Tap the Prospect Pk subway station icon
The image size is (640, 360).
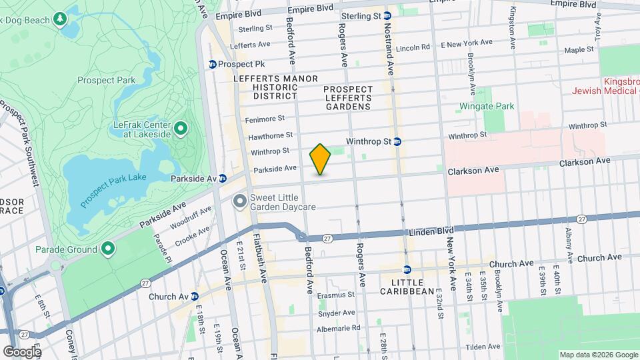[213, 65]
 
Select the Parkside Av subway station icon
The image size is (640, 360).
[223, 179]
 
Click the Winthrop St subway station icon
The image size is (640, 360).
[397, 141]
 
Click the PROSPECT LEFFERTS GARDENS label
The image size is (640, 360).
[347, 98]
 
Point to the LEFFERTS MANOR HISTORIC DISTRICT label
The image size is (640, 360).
[276, 87]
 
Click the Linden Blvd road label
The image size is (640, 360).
[421, 231]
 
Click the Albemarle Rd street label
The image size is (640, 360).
[338, 327]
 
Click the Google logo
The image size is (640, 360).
[21, 352]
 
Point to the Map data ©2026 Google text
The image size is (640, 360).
[597, 355]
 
